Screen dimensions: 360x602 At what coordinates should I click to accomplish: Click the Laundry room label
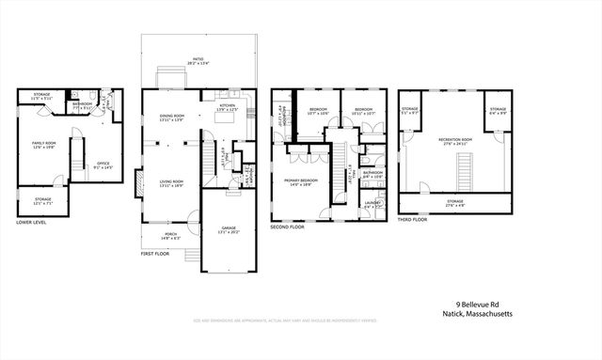(x=372, y=203)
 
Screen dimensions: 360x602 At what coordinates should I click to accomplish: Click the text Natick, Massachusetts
(x=483, y=315)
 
